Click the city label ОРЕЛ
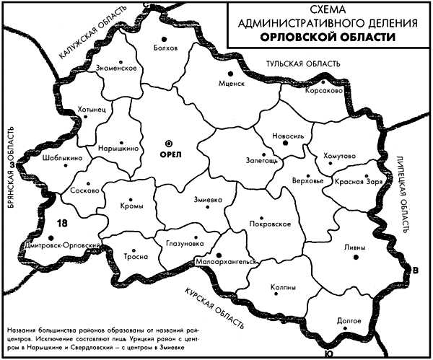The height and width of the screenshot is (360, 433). click(x=170, y=155)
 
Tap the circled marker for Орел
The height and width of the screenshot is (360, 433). click(x=170, y=142)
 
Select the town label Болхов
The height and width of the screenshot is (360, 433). click(x=165, y=48)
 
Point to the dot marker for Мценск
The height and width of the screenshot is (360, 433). click(x=230, y=74)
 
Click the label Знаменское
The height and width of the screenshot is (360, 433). click(x=116, y=68)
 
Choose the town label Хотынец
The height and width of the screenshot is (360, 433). click(x=92, y=110)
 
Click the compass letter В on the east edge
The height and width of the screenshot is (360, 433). click(x=414, y=271)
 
